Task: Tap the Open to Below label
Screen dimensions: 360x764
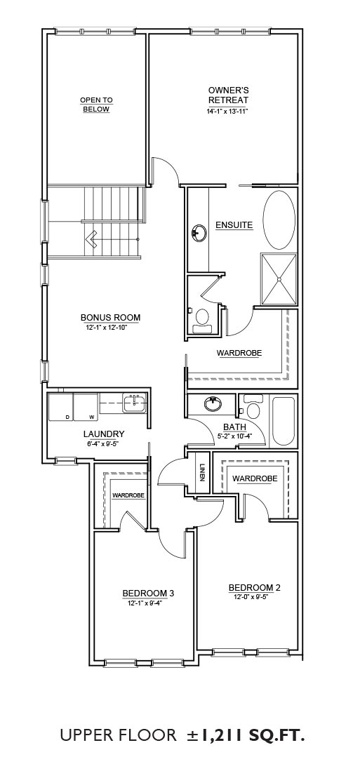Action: click(x=96, y=105)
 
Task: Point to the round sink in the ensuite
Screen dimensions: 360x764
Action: click(x=199, y=232)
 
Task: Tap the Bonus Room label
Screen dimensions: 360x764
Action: click(x=111, y=318)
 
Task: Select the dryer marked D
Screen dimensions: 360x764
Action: click(x=60, y=406)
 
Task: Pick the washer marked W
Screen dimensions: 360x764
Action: click(x=86, y=406)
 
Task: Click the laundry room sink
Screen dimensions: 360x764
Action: click(x=134, y=403)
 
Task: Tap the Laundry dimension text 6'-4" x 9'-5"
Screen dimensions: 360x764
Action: click(x=104, y=444)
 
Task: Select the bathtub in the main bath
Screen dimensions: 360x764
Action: click(x=283, y=422)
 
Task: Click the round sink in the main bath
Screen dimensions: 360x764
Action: click(x=212, y=404)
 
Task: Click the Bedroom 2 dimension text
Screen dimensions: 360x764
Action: click(x=254, y=597)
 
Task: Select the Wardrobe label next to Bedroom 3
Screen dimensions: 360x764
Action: click(x=128, y=495)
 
